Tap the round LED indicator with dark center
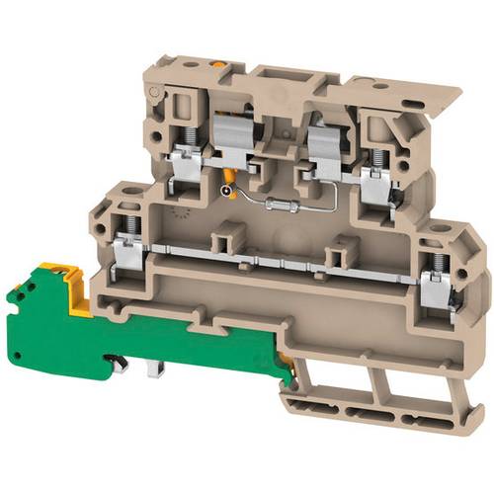[x=228, y=192]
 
